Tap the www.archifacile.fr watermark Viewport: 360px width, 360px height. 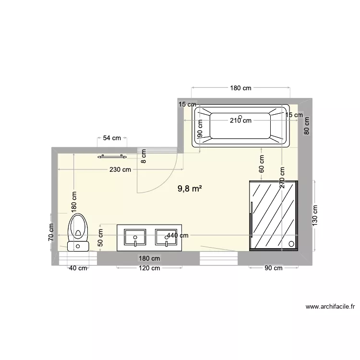[330, 306]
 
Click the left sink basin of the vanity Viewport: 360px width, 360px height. [135, 238]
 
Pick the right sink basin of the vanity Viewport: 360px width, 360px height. [167, 238]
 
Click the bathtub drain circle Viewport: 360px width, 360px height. [240, 117]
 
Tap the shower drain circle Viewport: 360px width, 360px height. [291, 243]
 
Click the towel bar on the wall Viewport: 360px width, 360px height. [111, 156]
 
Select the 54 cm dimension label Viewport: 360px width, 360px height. [112, 138]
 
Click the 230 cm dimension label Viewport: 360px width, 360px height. [120, 169]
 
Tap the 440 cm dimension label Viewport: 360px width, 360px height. [177, 236]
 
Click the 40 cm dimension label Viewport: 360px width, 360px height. [78, 268]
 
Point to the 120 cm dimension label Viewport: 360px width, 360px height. [149, 268]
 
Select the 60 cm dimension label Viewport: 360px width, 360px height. [262, 164]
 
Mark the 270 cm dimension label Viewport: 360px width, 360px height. [282, 178]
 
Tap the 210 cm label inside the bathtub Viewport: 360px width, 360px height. [240, 121]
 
